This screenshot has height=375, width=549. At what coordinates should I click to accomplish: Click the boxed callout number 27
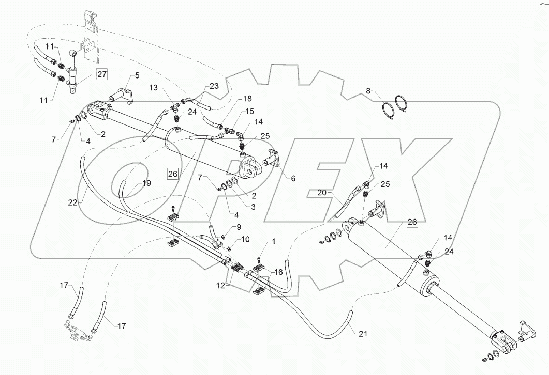[x=101, y=74]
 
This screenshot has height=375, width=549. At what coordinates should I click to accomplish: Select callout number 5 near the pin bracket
[x=137, y=76]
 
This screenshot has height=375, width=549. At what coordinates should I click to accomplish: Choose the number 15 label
[x=249, y=111]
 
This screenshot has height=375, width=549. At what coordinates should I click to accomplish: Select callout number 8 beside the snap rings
[x=368, y=91]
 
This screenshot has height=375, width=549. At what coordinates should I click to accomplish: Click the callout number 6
[x=293, y=178]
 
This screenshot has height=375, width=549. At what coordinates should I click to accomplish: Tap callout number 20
[x=322, y=193]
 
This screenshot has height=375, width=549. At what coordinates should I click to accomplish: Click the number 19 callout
[x=147, y=183]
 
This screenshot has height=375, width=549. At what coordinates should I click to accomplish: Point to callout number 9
[x=239, y=227]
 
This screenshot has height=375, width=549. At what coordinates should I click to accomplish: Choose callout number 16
[x=278, y=272]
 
